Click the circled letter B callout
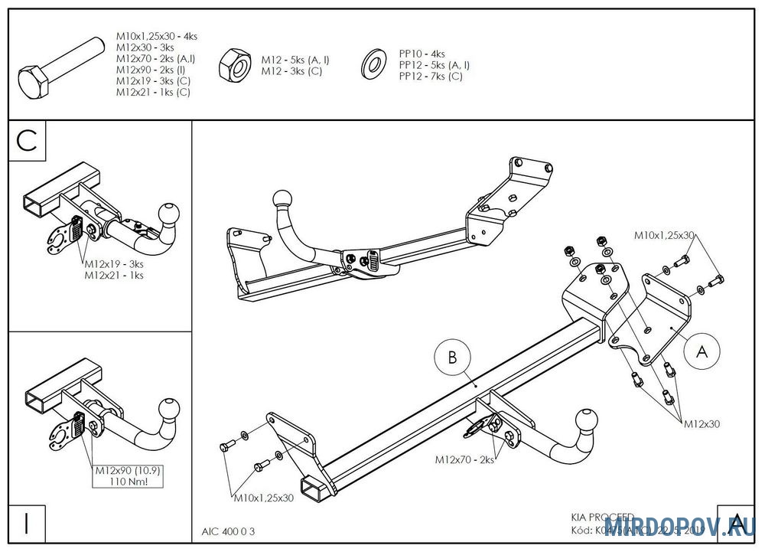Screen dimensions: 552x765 click(x=452, y=358)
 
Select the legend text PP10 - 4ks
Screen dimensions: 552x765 click(x=422, y=54)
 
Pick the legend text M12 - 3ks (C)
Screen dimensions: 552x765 click(x=291, y=71)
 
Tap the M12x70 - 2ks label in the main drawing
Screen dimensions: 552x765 click(x=464, y=460)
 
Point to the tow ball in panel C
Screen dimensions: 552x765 click(x=168, y=212)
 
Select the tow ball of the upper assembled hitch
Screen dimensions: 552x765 click(x=285, y=201)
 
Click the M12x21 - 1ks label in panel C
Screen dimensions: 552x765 click(x=114, y=276)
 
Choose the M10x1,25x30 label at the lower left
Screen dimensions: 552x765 click(x=263, y=498)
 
